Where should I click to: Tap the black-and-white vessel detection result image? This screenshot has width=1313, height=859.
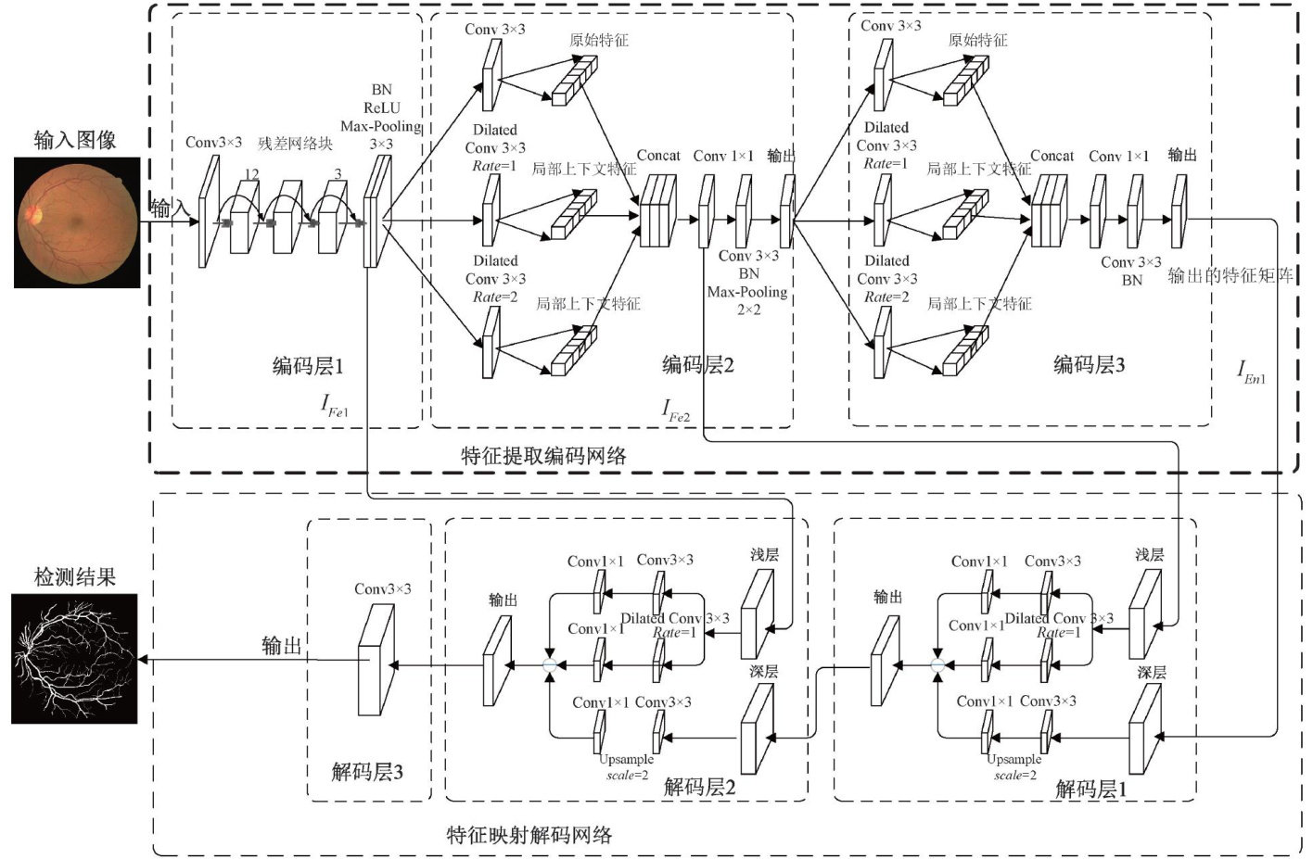point(74,659)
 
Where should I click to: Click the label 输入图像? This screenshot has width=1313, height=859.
point(75,140)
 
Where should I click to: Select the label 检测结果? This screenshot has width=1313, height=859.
point(75,576)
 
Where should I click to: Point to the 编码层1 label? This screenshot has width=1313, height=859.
point(308,366)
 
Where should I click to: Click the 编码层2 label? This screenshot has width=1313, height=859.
point(698,364)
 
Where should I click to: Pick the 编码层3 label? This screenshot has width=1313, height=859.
point(1090,364)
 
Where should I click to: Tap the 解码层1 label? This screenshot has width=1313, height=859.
point(1091,789)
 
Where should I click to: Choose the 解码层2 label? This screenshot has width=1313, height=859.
point(700,787)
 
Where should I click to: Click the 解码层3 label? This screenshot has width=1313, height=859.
point(367,771)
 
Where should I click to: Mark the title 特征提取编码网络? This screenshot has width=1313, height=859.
point(543,455)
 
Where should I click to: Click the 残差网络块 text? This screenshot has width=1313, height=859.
point(296,143)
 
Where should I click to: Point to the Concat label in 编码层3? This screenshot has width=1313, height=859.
point(1052,156)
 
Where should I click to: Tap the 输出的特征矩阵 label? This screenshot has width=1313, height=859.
point(1230,275)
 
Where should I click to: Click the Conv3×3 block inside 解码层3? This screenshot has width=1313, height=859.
point(376,660)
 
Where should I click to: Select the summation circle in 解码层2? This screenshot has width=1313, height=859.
point(550,665)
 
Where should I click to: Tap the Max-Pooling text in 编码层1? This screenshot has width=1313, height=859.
point(380,126)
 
